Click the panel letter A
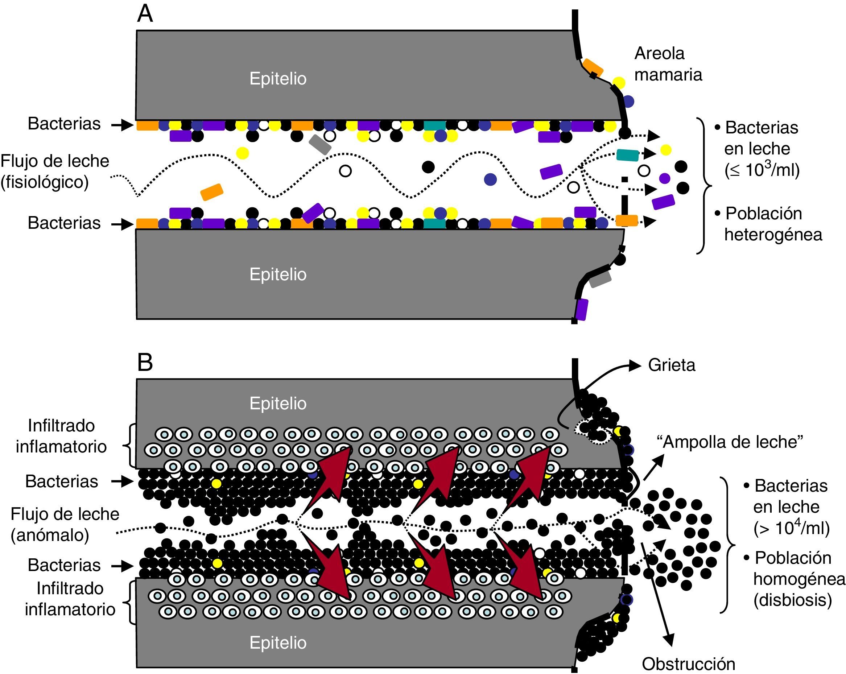[145, 15]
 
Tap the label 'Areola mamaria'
[668, 63]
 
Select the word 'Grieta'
[671, 365]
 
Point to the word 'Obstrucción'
[688, 664]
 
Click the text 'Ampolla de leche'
[730, 442]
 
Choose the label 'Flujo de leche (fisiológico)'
[54, 171]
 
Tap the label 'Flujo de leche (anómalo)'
[65, 524]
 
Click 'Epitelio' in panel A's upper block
[278, 79]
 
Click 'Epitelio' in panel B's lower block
[278, 642]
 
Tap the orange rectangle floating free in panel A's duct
[212, 192]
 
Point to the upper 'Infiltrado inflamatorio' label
[61, 436]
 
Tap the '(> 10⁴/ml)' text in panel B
[791, 529]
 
